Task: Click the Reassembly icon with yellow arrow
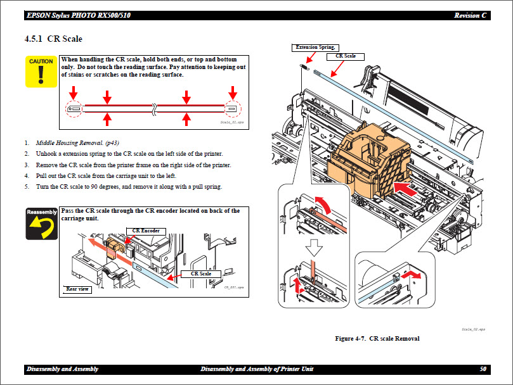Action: click(41, 224)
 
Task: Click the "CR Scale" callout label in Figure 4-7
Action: click(346, 56)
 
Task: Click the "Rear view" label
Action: click(79, 289)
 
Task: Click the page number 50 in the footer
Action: click(483, 369)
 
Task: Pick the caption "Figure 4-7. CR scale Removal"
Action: click(377, 338)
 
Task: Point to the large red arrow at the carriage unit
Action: click(406, 187)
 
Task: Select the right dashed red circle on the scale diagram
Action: click(232, 109)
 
